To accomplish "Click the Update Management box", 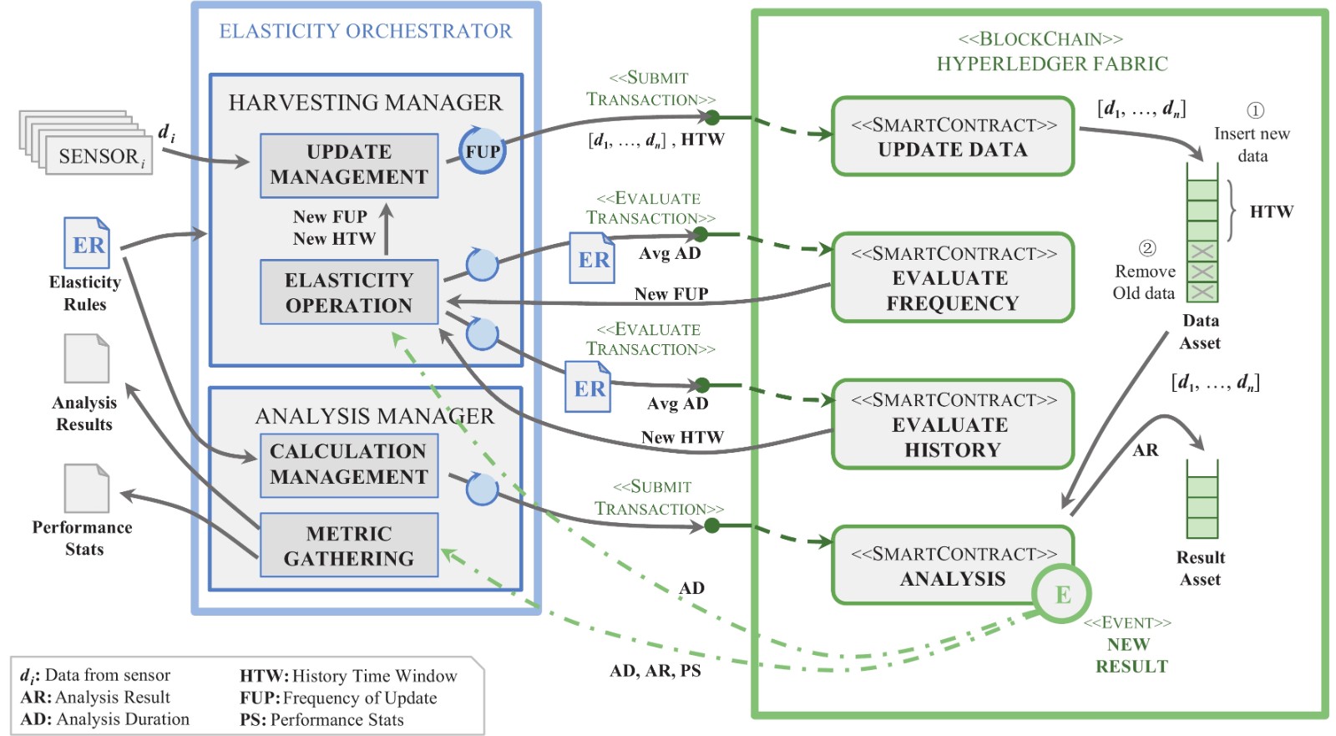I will coord(349,165).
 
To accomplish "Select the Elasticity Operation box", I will coord(349,292).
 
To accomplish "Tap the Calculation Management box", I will coord(349,464).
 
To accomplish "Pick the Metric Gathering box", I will coord(349,546).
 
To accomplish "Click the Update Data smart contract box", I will coord(953,137).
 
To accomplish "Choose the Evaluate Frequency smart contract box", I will coord(953,278).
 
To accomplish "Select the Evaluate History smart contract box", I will coord(953,424).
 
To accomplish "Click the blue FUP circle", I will coord(483,151).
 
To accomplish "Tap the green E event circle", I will coord(1062,594).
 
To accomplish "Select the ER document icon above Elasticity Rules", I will coord(87,243).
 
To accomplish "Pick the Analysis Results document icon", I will coord(87,358).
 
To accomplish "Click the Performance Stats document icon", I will coord(87,488).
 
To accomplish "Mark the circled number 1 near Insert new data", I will coord(1255,110).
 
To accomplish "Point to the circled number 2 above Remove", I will coord(1147,248).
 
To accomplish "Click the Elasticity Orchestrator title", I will coord(365,32).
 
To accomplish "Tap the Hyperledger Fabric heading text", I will coord(1052,64).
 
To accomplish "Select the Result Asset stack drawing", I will coord(1202,500).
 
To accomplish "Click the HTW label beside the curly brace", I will coord(1271,212).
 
